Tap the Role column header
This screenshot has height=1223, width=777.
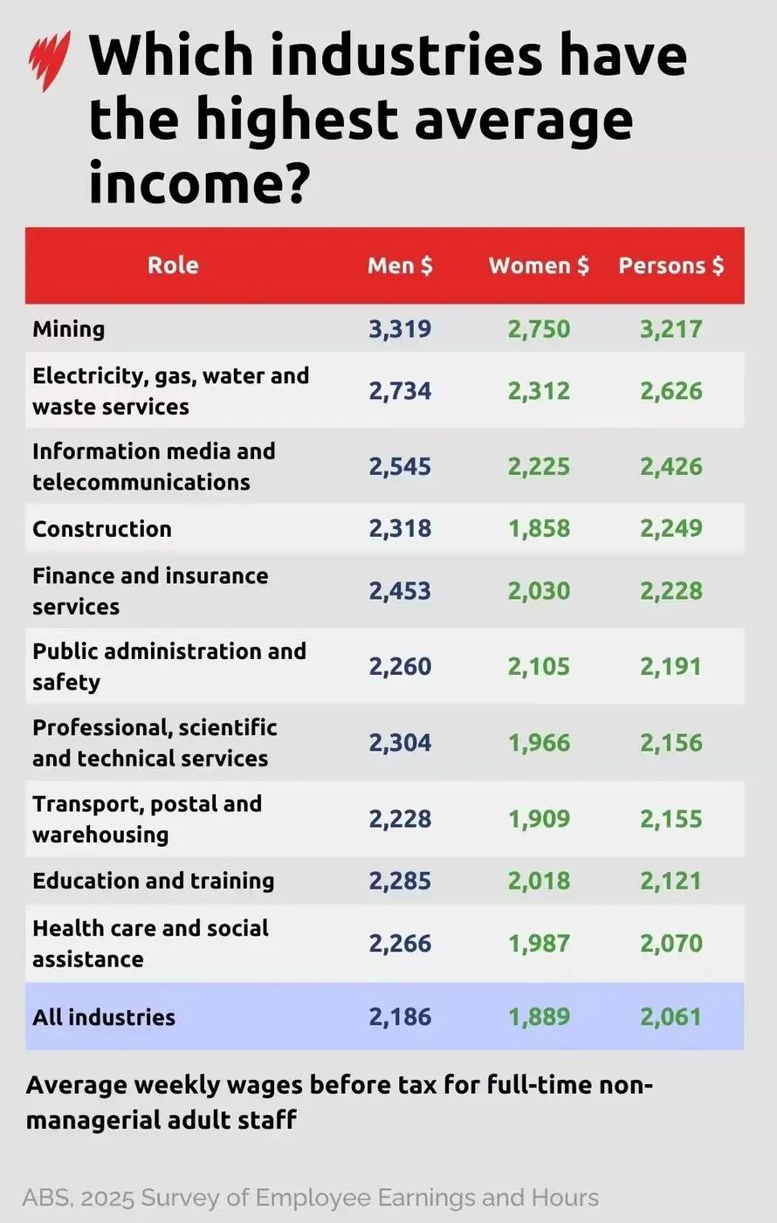click(x=173, y=265)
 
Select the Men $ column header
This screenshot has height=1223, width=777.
click(x=400, y=265)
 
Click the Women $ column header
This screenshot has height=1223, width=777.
click(x=539, y=265)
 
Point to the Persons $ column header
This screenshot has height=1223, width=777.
click(x=671, y=265)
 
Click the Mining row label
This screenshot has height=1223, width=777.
click(x=69, y=329)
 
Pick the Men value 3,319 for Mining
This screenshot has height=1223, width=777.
click(x=400, y=329)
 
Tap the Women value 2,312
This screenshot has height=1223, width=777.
click(x=539, y=390)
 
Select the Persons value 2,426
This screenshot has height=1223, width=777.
click(x=671, y=466)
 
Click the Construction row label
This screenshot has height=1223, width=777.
click(x=102, y=529)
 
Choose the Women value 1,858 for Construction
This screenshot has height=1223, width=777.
click(x=539, y=529)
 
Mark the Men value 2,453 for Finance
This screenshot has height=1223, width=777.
click(x=400, y=591)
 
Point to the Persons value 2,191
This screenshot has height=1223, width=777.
click(x=671, y=667)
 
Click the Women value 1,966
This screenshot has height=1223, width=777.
click(x=539, y=743)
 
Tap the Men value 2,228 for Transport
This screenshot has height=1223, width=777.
click(x=400, y=819)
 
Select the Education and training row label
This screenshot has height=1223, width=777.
click(x=154, y=881)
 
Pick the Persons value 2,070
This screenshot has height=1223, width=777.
click(x=671, y=943)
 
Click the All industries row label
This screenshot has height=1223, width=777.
click(x=104, y=1017)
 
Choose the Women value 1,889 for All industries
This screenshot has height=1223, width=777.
click(x=539, y=1017)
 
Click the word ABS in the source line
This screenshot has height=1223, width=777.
click(x=46, y=1198)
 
